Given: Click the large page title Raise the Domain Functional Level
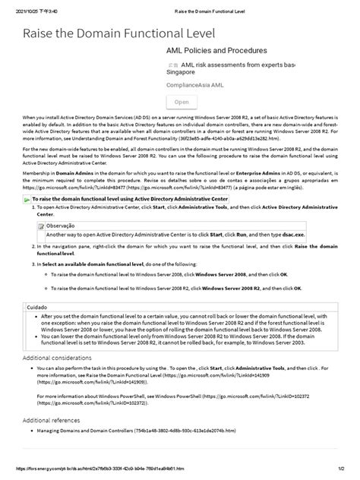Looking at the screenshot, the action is [119, 33].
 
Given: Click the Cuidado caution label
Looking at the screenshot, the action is [37, 307].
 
